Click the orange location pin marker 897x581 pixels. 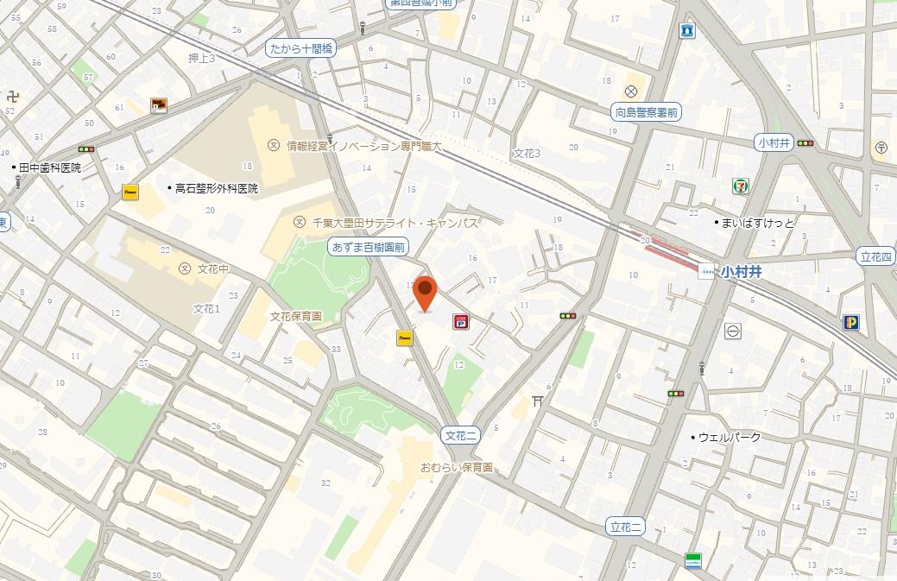pos(424,293)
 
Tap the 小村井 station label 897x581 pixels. pos(742,270)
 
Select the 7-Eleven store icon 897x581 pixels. pos(741,185)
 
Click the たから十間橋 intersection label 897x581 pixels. pos(300,49)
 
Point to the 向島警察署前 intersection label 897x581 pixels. pos(647,111)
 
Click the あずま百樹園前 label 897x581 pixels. pos(370,248)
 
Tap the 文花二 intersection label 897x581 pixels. pos(460,435)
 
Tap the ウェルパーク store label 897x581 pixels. pos(729,437)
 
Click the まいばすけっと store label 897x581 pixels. pos(758,223)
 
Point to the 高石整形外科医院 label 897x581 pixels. pos(216,187)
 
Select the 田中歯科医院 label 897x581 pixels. pos(49,167)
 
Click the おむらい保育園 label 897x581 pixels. pos(456,467)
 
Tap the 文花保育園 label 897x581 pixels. pos(295,316)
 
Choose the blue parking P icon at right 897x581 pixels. pos(851,322)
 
